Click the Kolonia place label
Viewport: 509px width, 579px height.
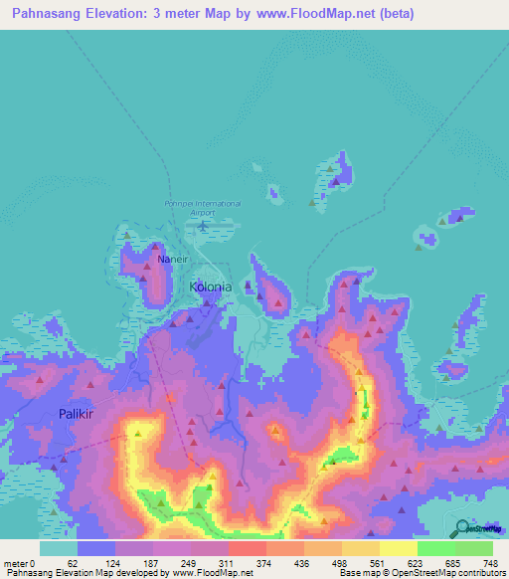point(210,287)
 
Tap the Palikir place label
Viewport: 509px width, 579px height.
point(76,413)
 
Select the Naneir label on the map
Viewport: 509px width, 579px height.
point(169,258)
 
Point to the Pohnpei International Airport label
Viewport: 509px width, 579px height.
point(203,207)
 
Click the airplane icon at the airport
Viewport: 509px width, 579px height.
point(203,225)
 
